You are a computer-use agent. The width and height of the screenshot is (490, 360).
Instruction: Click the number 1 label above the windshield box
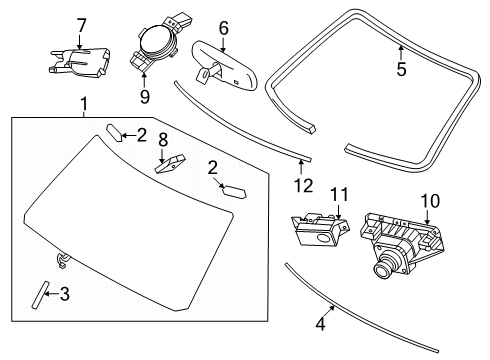click(84, 104)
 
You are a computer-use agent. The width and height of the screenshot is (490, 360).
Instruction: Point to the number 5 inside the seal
click(401, 71)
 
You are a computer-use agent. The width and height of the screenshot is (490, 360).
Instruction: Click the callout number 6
click(223, 29)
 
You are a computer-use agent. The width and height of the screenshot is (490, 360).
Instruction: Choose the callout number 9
click(144, 96)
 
